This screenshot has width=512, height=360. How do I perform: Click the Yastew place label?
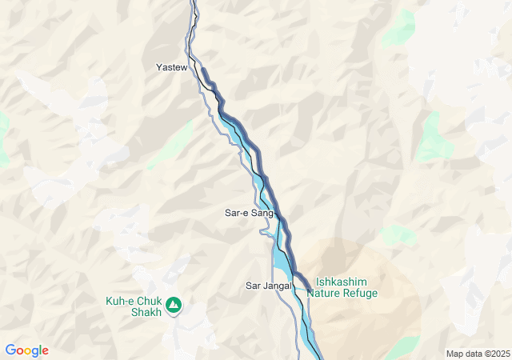(x=171, y=68)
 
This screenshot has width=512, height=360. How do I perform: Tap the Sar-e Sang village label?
(x=249, y=214)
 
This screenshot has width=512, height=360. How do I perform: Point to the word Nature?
(x=325, y=294)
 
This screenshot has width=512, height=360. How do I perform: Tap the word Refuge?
(x=362, y=294)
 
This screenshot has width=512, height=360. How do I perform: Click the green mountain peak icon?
(x=174, y=305)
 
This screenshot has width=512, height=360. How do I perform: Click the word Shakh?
(x=146, y=312)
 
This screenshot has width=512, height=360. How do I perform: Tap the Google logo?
(x=26, y=350)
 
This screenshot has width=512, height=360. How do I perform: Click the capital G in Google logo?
(x=10, y=350)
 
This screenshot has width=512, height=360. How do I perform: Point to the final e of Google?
(x=45, y=351)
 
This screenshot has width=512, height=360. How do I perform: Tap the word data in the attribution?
(x=473, y=354)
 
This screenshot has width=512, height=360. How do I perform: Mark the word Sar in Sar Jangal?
(x=254, y=286)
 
